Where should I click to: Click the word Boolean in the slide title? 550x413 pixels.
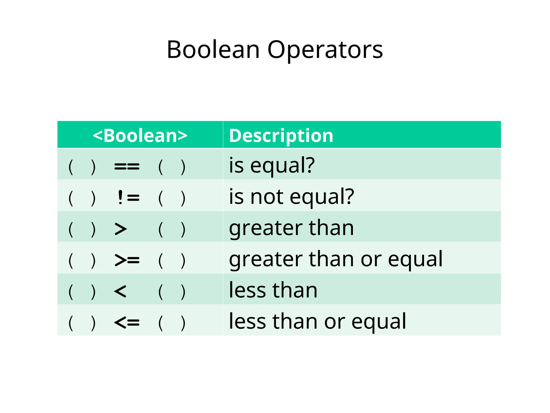[213, 50]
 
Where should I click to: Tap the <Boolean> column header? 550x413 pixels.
[140, 135]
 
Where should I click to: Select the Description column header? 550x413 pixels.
[281, 135]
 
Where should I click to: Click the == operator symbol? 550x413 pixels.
[127, 166]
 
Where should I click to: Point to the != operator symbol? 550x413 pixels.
[128, 198]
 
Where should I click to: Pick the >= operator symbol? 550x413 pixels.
[127, 260]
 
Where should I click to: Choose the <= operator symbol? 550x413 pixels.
[127, 322]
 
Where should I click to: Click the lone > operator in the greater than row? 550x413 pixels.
[121, 229]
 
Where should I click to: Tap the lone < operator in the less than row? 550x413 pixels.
[120, 291]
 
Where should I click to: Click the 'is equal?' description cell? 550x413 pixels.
[272, 165]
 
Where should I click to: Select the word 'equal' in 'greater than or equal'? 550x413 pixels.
[415, 259]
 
